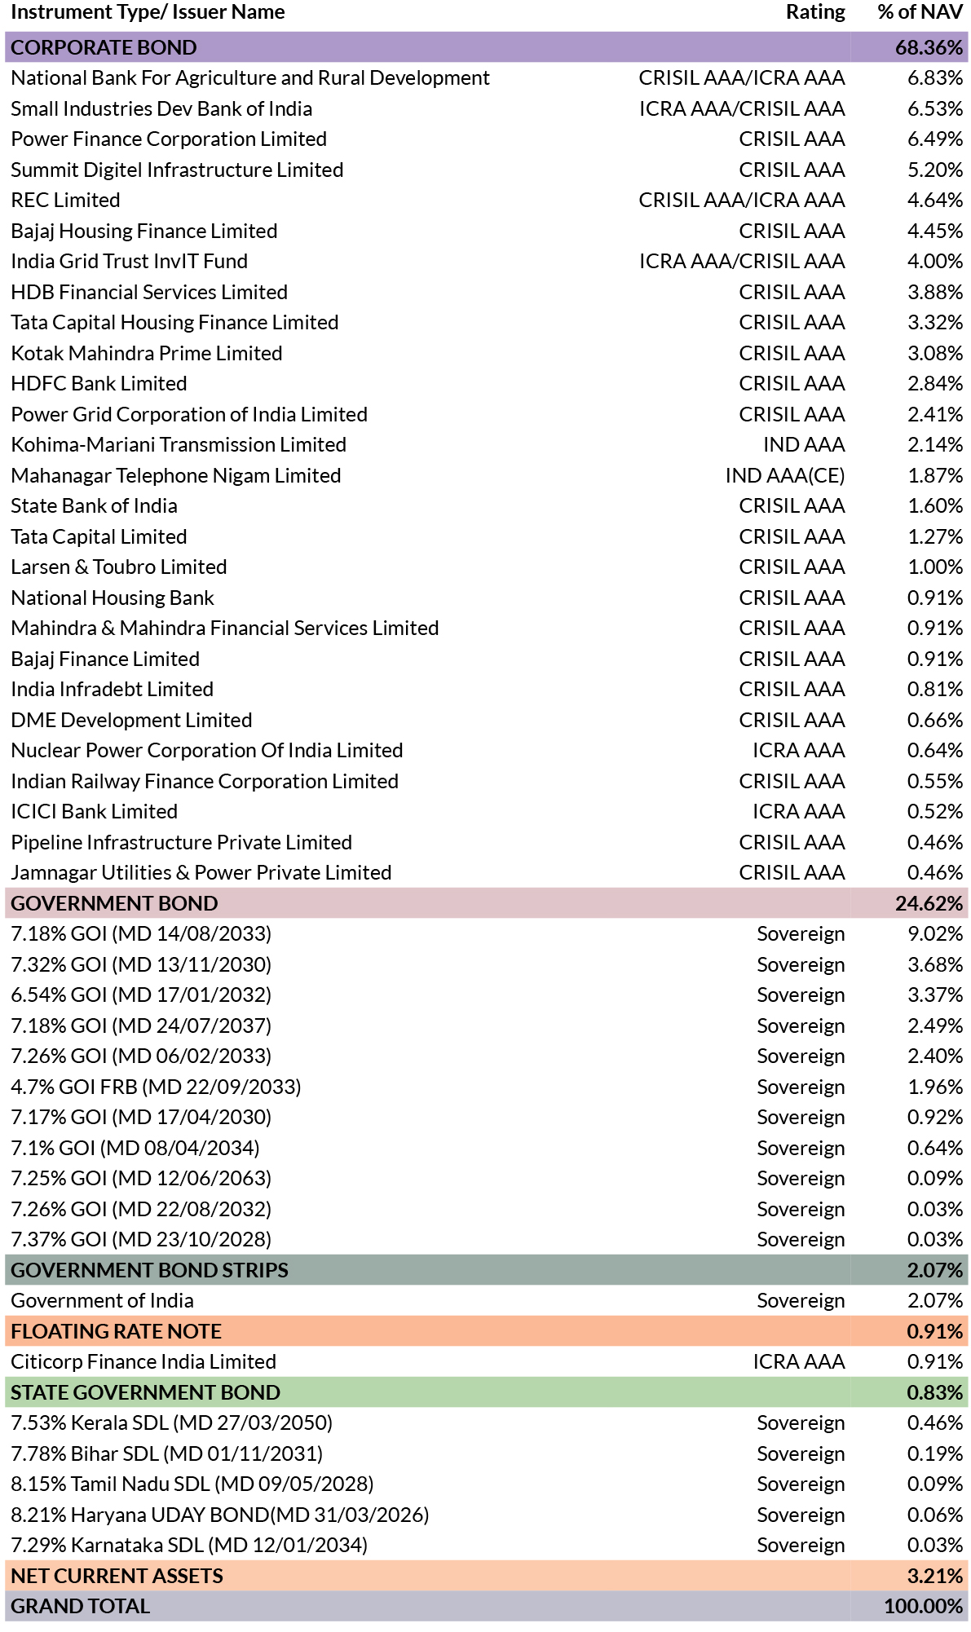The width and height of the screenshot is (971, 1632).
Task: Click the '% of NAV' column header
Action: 920,12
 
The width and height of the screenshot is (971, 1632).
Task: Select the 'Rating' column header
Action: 815,12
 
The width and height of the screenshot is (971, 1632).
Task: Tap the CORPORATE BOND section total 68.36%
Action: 929,47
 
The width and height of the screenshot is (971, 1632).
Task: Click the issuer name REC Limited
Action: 65,200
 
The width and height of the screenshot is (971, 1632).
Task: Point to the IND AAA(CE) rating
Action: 785,475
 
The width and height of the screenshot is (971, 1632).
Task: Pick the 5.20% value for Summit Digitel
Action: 935,170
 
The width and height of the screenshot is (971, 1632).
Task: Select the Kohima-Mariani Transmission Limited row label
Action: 179,444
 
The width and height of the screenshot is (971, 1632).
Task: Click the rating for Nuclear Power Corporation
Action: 799,750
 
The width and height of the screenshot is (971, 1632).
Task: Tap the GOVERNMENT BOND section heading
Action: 114,903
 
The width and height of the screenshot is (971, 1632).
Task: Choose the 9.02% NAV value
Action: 935,933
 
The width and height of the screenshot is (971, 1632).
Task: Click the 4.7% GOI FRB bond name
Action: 156,1087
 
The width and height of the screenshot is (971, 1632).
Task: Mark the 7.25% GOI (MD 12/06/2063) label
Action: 141,1178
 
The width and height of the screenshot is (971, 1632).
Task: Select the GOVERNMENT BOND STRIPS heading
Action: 149,1270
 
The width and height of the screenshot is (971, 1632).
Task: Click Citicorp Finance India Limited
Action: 143,1361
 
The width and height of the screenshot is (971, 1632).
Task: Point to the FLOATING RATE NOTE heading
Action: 116,1331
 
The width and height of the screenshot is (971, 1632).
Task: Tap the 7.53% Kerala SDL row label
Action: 171,1422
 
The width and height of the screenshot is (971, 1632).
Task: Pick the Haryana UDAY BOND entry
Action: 220,1515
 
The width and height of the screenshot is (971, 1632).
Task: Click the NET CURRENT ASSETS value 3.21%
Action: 935,1576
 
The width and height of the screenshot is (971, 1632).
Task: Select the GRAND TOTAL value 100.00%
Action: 924,1606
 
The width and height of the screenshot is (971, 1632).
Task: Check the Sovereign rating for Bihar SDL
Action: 801,1453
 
